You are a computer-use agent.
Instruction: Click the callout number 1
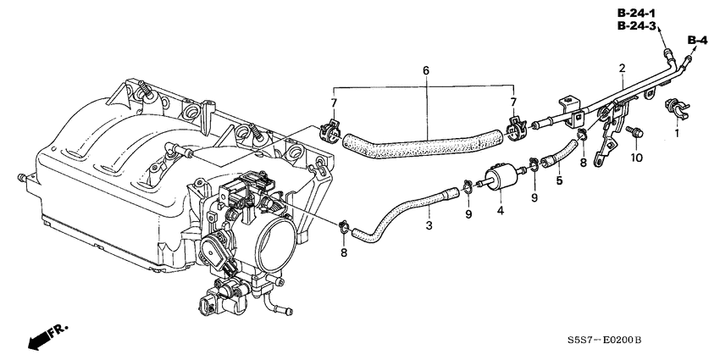(x=677, y=133)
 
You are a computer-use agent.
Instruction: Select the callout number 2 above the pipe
(x=622, y=69)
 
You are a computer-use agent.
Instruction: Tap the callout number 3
(x=429, y=226)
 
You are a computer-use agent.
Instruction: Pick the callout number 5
(x=559, y=180)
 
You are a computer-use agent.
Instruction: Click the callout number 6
(x=426, y=70)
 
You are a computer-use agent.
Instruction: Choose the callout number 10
(x=636, y=158)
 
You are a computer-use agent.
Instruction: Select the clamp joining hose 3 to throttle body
(x=344, y=226)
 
